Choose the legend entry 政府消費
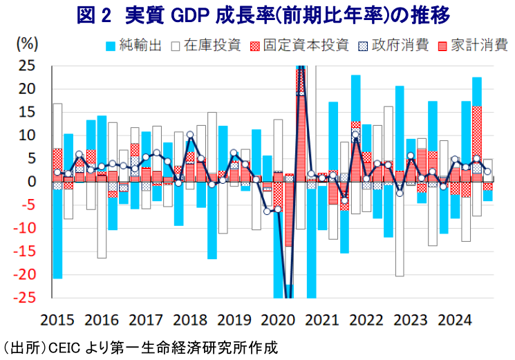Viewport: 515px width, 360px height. tap(400, 46)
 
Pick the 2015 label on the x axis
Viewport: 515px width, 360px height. tap(57, 321)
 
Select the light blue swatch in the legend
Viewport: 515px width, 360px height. tap(109, 46)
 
